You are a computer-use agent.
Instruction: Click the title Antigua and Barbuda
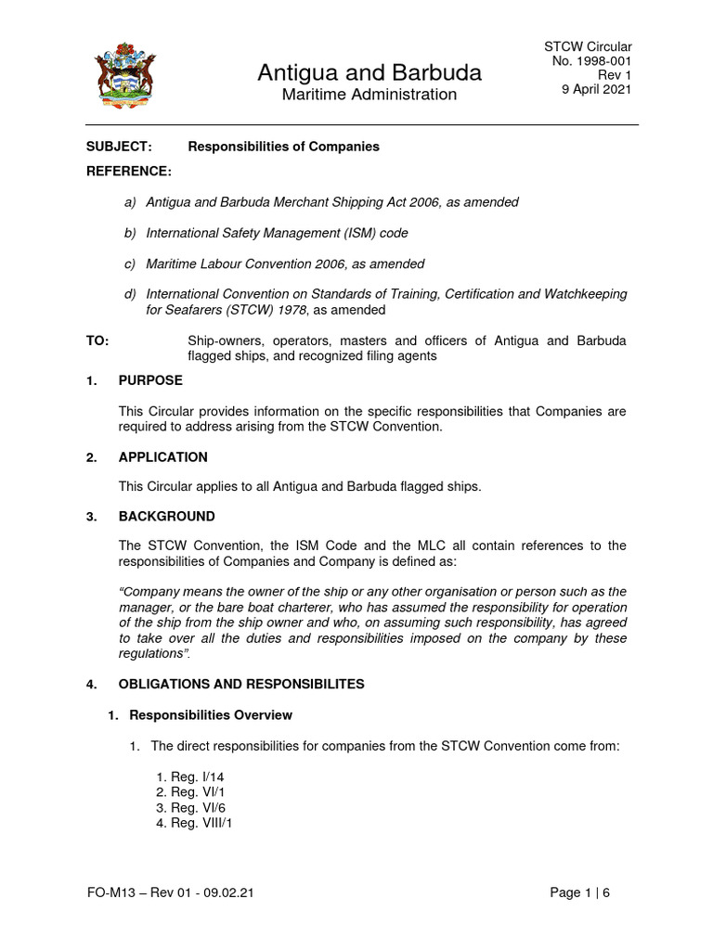click(x=369, y=72)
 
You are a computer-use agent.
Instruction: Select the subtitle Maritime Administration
click(x=369, y=95)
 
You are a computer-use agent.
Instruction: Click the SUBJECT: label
click(x=118, y=147)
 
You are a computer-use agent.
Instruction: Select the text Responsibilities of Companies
click(x=283, y=147)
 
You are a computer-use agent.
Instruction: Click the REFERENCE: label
click(x=129, y=172)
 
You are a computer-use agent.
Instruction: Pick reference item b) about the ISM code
click(x=277, y=233)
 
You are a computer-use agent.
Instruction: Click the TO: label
click(x=97, y=341)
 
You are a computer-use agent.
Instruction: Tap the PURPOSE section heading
click(x=150, y=380)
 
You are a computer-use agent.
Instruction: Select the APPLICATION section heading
click(x=162, y=457)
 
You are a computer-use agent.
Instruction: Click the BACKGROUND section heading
click(x=166, y=516)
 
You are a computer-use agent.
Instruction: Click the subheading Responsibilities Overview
click(x=210, y=715)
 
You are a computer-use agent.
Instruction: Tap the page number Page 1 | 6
click(x=579, y=893)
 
